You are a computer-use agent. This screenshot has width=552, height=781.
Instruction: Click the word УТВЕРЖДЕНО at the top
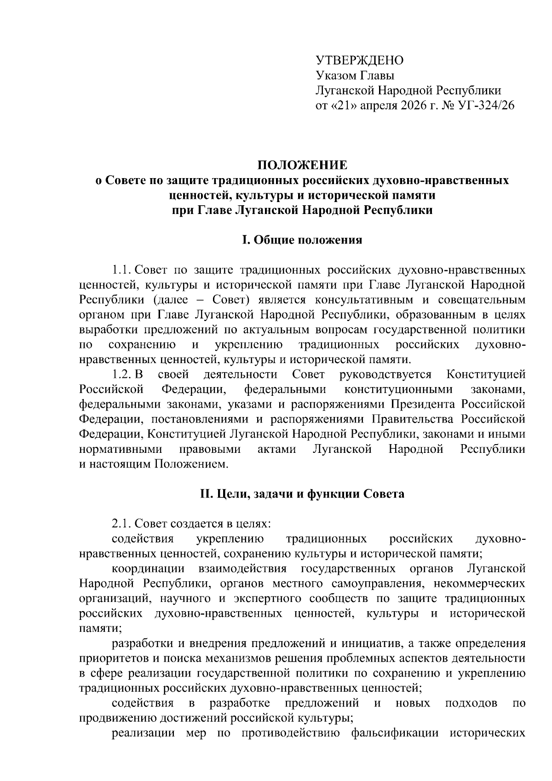(x=359, y=60)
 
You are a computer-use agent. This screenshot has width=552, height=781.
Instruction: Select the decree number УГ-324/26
(x=486, y=106)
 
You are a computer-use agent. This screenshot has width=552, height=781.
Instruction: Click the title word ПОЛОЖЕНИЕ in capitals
(x=302, y=164)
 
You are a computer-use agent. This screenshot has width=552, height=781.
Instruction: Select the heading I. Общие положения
(x=302, y=240)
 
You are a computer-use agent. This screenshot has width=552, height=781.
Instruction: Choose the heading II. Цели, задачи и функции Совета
(x=302, y=494)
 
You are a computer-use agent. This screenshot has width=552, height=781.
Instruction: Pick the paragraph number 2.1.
(x=123, y=524)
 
